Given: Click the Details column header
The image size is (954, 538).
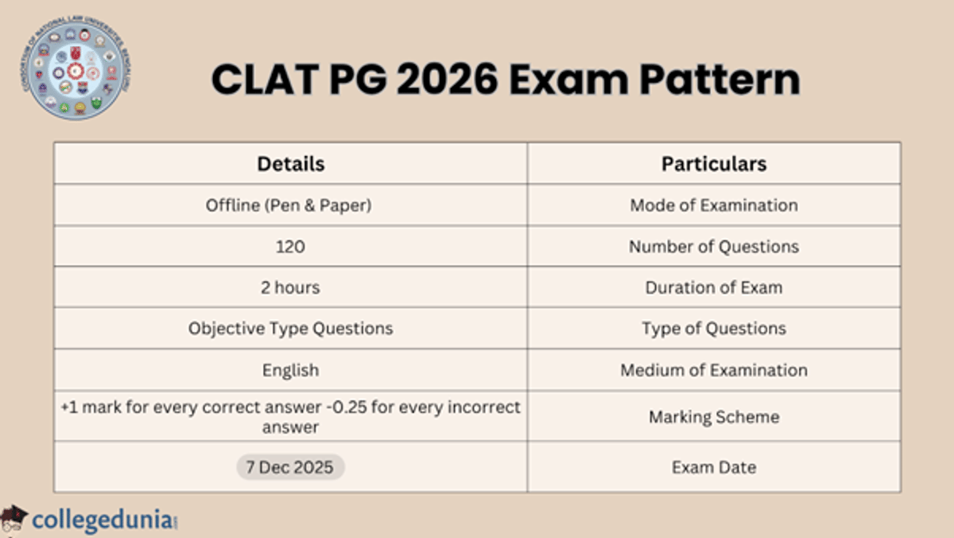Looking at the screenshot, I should (290, 164).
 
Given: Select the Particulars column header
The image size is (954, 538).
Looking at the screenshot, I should (714, 164).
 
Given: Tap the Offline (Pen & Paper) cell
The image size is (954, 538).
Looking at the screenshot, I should (290, 205).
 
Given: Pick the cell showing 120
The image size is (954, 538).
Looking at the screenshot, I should (290, 247).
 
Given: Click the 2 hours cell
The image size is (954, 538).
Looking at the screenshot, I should (290, 287).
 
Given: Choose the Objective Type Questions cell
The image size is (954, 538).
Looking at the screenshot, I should (290, 329).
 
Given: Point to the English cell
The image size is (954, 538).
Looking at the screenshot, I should (290, 370).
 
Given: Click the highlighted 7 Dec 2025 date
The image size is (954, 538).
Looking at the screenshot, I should (290, 467).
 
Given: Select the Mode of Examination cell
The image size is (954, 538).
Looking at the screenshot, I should (714, 205).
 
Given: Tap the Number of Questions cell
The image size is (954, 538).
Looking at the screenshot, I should (714, 247).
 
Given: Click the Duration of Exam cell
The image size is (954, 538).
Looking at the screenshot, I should (714, 287).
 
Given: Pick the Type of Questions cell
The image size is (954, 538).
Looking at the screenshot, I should (714, 329).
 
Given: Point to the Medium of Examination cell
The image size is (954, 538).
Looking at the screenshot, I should (714, 370).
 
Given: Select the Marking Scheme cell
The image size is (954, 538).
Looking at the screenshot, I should (714, 417).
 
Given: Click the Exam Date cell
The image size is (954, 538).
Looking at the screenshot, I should (714, 467).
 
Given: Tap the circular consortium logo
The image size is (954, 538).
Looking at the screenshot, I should (76, 72).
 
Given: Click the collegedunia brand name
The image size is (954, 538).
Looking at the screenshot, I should (102, 520).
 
